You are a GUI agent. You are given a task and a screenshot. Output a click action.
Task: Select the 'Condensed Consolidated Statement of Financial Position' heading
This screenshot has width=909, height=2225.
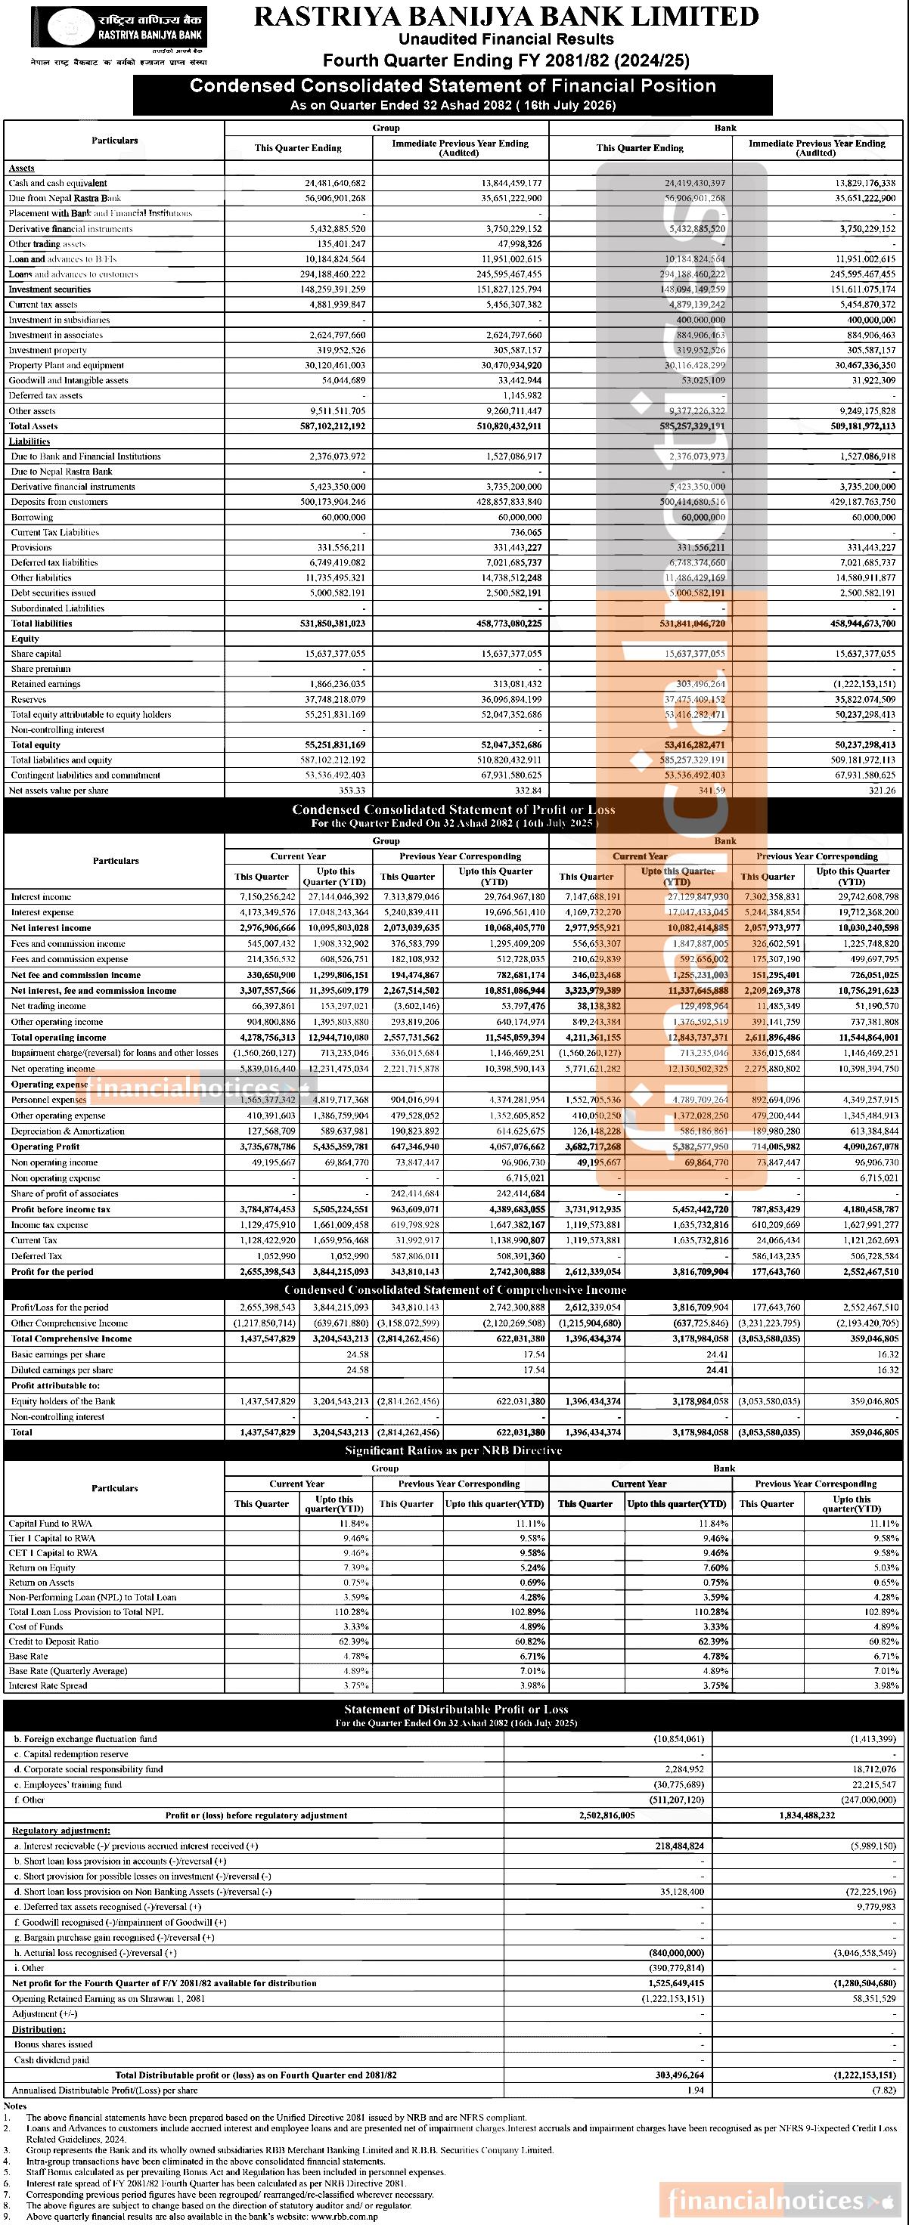pos(453,86)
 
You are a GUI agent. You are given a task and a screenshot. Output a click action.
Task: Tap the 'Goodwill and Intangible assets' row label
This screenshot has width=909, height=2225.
pos(68,380)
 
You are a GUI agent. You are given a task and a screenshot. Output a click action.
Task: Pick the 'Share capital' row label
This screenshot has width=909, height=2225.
pos(36,654)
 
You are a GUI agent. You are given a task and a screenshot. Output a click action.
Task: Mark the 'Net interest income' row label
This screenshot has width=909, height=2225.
pos(51,927)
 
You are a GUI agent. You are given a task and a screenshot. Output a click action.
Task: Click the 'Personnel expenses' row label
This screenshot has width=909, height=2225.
pos(48,1100)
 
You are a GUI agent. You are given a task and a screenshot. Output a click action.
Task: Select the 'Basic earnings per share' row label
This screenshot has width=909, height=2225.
pos(58,1354)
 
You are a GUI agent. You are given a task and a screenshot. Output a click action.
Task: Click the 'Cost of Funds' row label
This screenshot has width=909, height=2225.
pos(36,1626)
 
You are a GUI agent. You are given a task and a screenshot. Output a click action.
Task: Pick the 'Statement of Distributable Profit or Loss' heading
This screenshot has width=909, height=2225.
pos(455,1710)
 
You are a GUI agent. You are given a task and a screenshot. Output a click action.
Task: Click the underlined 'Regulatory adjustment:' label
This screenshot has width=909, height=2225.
pos(60,1830)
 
